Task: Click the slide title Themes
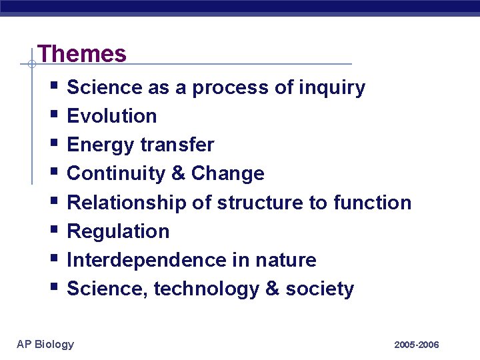click(x=82, y=53)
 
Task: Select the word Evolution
click(x=112, y=116)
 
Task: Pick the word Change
click(x=227, y=173)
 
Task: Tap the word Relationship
click(x=127, y=202)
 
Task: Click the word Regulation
click(x=119, y=231)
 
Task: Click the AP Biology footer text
click(x=45, y=344)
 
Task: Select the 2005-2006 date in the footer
click(x=416, y=345)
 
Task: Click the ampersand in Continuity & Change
click(x=178, y=173)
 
